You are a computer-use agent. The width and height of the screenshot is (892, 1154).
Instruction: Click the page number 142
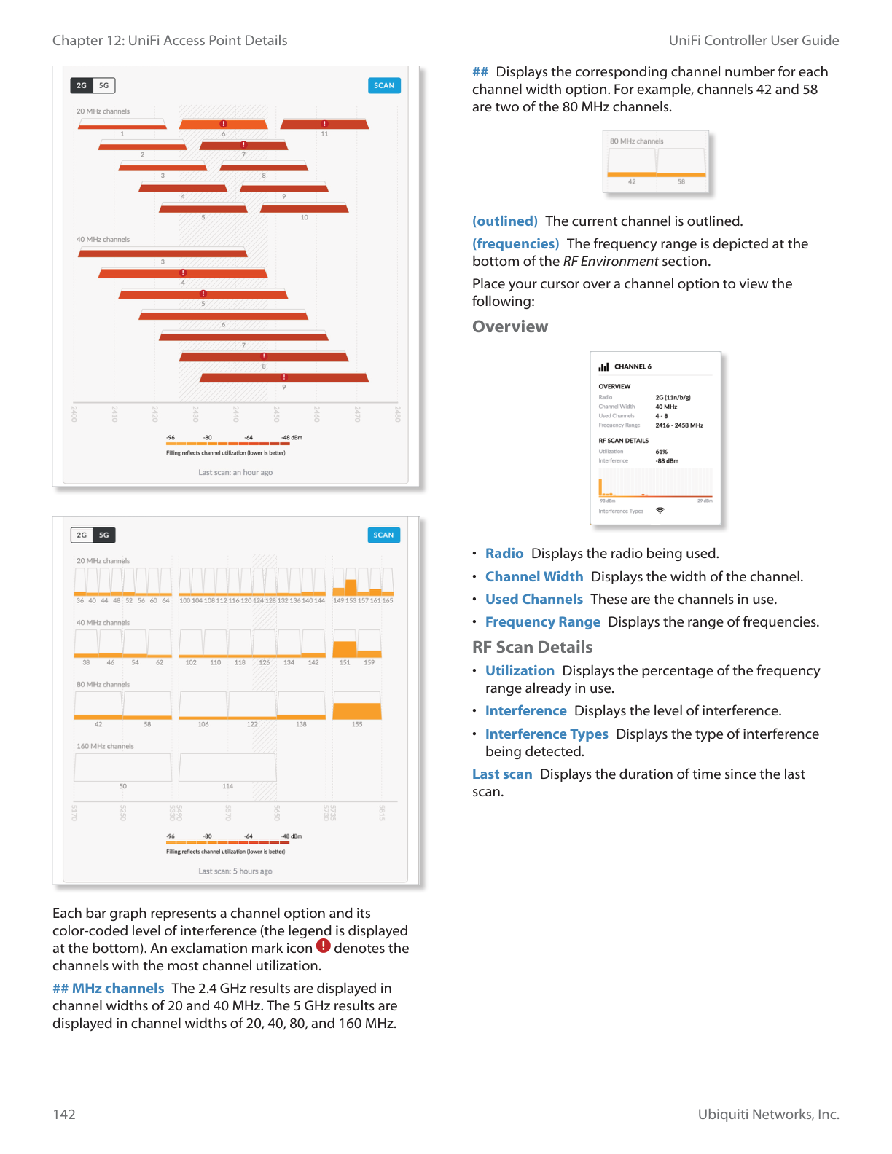[x=64, y=1114]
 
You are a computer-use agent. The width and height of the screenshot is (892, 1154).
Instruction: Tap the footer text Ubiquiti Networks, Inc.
[x=768, y=1114]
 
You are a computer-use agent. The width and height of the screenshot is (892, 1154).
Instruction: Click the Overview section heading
[x=510, y=326]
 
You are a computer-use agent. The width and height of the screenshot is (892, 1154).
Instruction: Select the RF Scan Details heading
[x=532, y=647]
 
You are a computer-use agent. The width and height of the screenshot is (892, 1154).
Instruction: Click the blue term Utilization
[x=520, y=670]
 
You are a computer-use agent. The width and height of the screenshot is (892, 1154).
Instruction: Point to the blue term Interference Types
[x=547, y=734]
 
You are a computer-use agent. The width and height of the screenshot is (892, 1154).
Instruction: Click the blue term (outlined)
[x=505, y=221]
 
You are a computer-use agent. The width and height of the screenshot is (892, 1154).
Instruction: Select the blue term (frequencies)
[x=516, y=243]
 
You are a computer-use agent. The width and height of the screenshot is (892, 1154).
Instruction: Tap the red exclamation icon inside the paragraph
[x=324, y=946]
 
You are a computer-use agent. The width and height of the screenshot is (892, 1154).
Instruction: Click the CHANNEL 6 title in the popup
[x=633, y=366]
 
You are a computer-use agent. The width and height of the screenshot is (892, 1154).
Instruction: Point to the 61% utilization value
[x=661, y=452]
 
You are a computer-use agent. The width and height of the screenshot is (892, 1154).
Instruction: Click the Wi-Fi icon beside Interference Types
[x=660, y=511]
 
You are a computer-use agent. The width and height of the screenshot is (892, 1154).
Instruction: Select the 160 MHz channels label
[x=105, y=746]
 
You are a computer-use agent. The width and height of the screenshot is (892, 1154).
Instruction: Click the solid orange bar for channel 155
[x=357, y=711]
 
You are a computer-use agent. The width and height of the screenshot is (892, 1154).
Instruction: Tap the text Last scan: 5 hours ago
[x=235, y=871]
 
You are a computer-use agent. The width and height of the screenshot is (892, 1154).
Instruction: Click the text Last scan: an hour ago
[x=235, y=472]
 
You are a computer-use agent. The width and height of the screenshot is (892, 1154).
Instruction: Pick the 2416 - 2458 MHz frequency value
[x=679, y=425]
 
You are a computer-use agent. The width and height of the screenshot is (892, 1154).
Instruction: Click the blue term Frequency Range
[x=543, y=621]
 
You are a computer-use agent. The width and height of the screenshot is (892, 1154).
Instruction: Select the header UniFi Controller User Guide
[x=754, y=41]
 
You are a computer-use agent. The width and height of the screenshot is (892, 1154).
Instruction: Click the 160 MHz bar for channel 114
[x=227, y=767]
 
